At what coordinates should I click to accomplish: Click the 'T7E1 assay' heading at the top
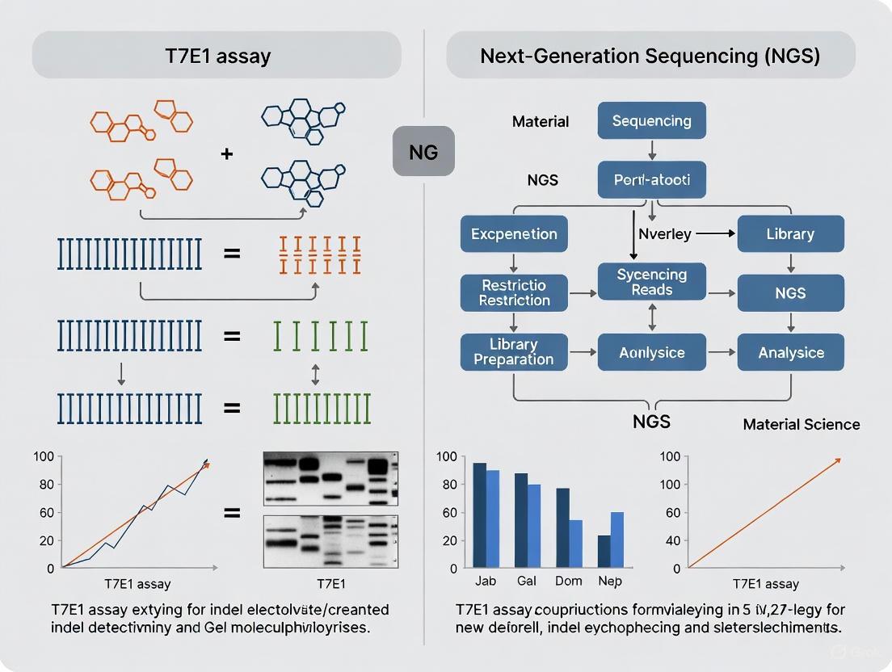pos(217,57)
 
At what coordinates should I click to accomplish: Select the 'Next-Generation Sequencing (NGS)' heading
pos(650,57)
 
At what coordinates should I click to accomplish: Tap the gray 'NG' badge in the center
pos(423,152)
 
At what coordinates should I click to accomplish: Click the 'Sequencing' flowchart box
pos(651,121)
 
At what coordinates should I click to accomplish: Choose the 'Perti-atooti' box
pos(651,180)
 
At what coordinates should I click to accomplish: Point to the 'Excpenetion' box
pos(514,234)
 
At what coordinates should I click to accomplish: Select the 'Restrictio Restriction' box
pos(514,292)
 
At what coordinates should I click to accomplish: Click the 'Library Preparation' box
pos(514,352)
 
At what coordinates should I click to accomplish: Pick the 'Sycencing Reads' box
pos(651,282)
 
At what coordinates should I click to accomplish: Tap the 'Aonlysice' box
pos(651,352)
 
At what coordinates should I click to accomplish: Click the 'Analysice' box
pos(790,352)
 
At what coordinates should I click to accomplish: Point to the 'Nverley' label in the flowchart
pos(665,234)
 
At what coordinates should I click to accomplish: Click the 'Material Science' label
pos(801,424)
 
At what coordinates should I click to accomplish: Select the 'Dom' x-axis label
pos(569,582)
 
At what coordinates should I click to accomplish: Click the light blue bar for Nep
pos(616,539)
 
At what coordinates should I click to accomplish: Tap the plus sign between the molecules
pos(227,153)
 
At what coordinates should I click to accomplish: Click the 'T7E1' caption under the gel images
pos(330,583)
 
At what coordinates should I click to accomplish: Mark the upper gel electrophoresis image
pos(330,478)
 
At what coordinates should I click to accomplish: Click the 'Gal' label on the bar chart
pos(527,582)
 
